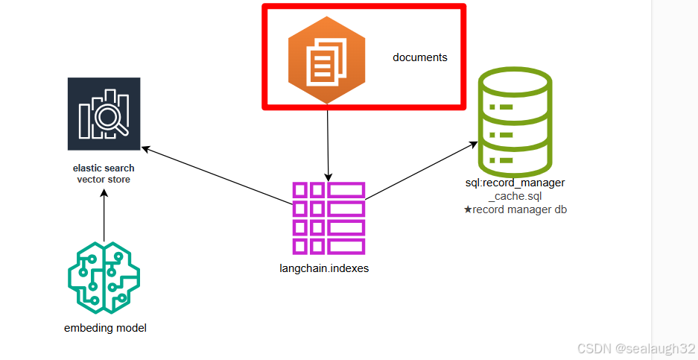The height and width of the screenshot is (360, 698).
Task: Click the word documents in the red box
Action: [420, 57]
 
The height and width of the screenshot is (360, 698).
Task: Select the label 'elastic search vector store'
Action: [103, 174]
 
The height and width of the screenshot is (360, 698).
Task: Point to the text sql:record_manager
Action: [515, 183]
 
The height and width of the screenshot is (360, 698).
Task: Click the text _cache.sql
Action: [515, 196]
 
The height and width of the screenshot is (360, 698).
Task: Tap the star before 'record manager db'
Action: [468, 209]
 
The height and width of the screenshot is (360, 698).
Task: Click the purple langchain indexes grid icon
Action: [329, 218]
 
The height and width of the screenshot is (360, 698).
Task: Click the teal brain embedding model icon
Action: [104, 278]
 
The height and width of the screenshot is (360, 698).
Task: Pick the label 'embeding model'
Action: [105, 328]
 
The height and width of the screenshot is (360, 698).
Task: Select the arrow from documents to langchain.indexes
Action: [328, 145]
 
